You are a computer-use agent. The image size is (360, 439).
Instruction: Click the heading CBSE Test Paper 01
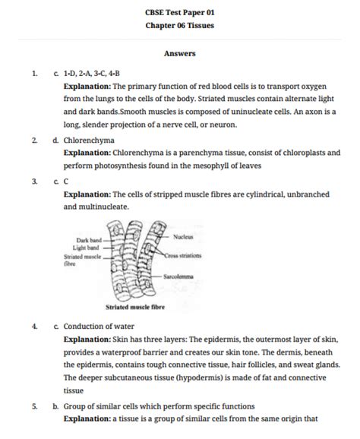coord(179,12)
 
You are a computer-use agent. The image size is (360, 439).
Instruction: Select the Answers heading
coord(179,53)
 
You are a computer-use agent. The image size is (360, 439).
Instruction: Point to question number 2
coord(35,141)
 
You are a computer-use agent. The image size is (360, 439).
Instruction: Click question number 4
coord(35,325)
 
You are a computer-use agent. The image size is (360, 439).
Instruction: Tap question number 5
coord(35,406)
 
